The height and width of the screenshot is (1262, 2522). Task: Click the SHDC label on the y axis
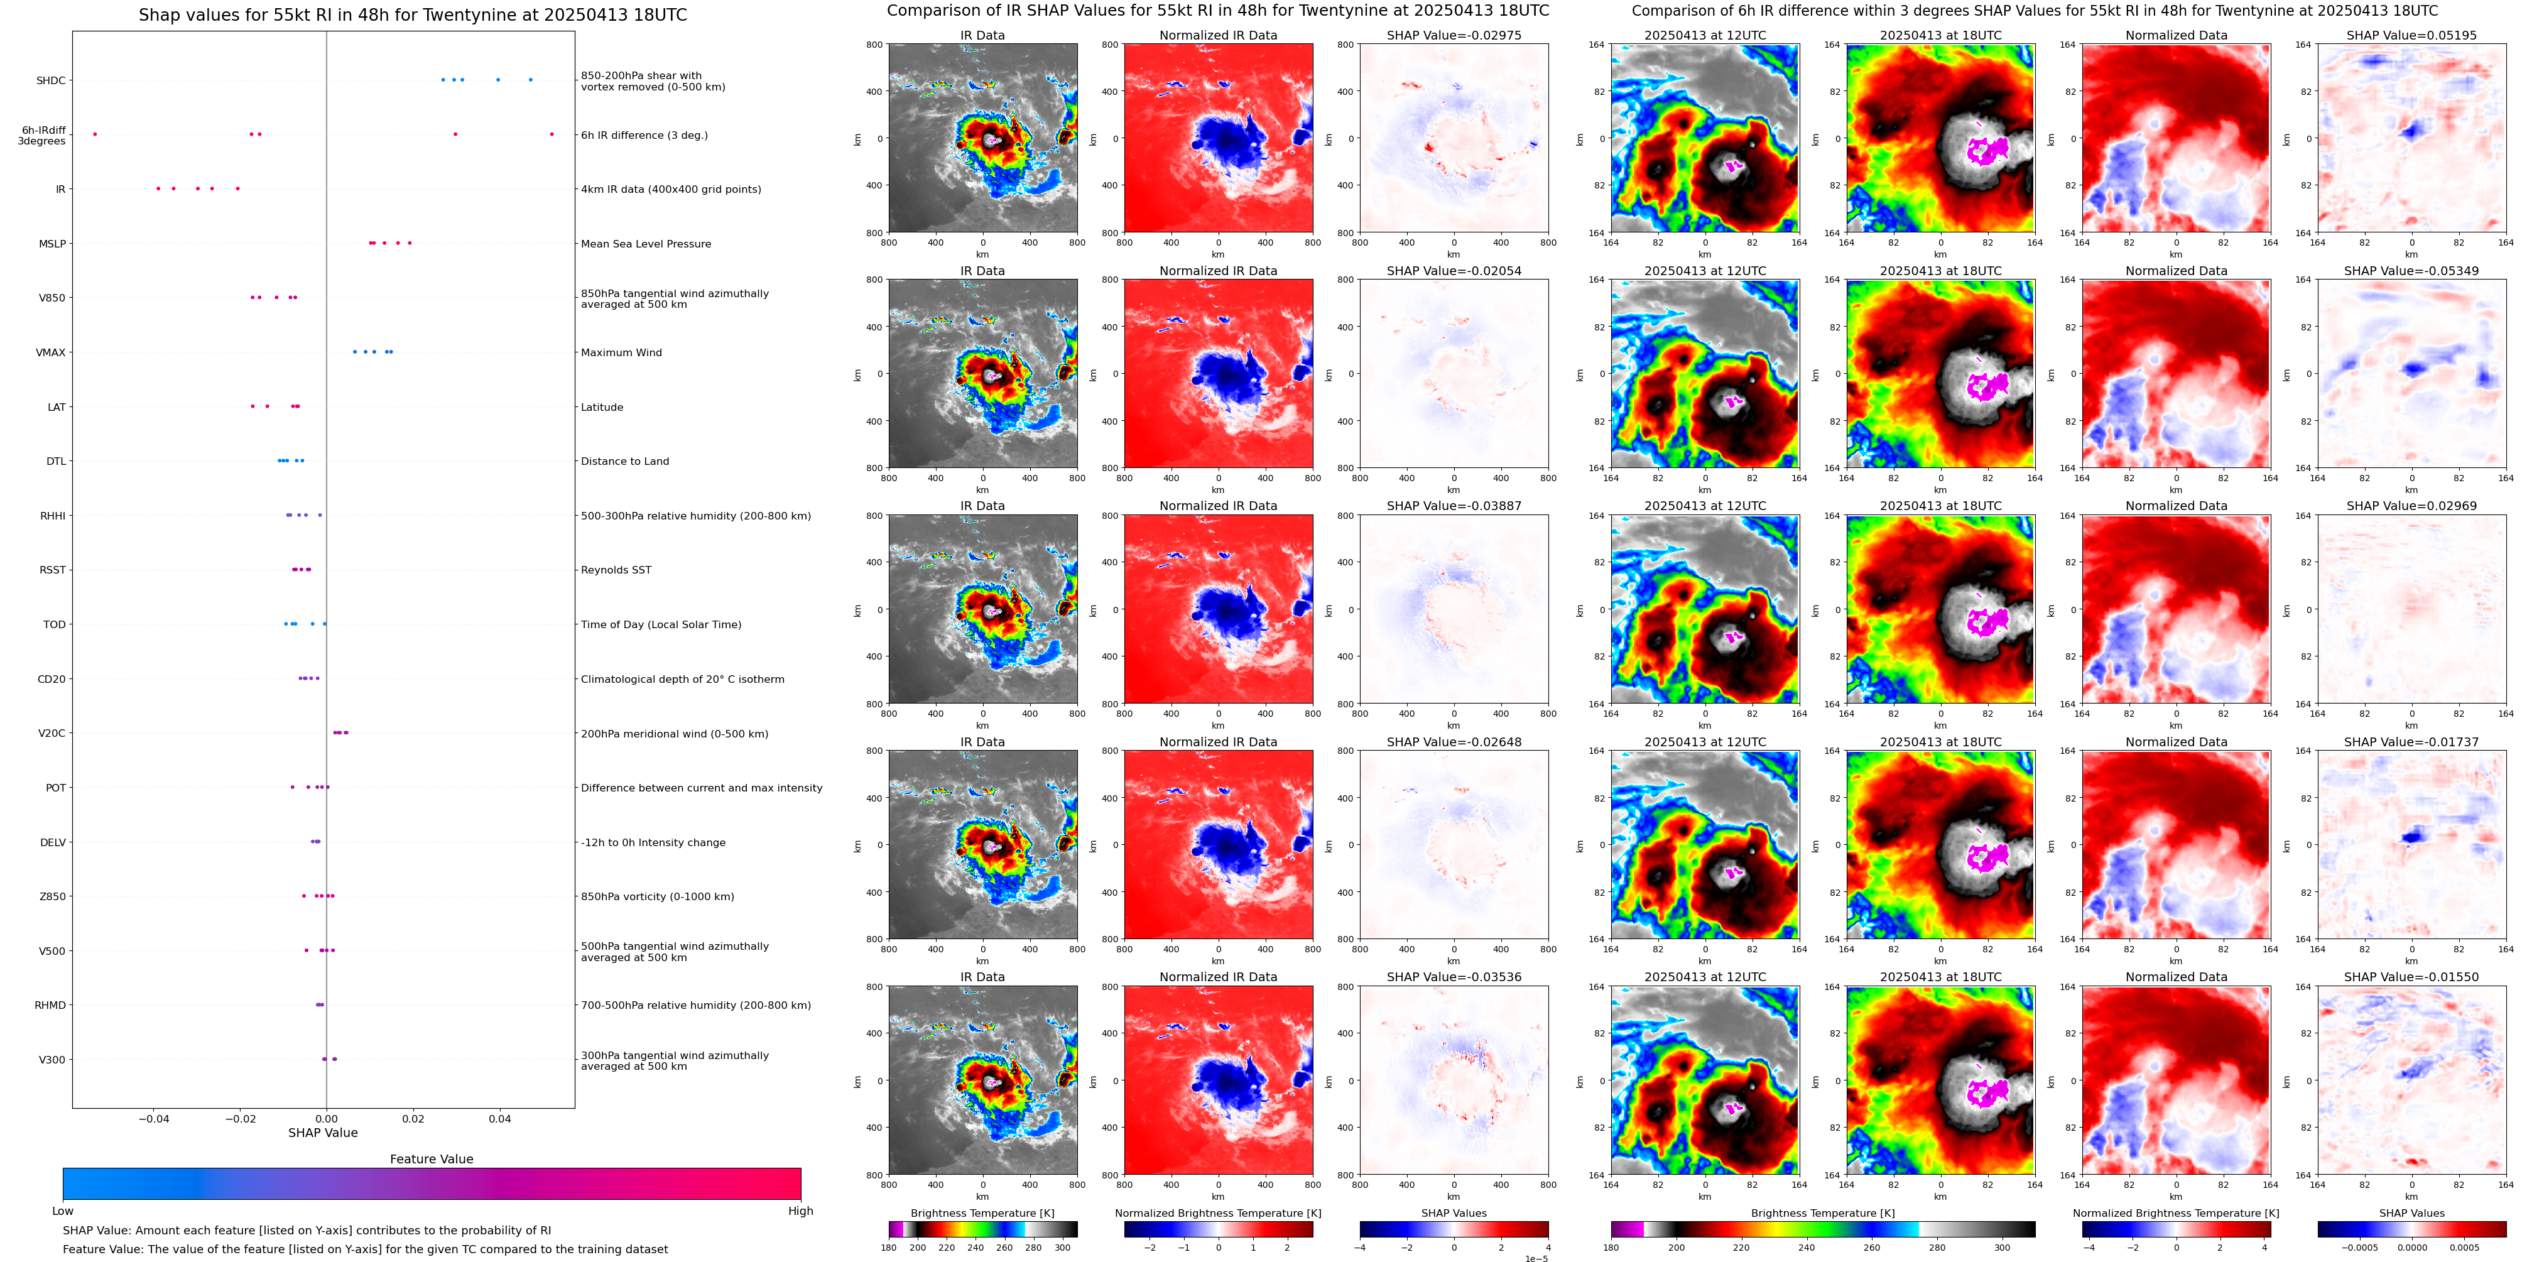(51, 80)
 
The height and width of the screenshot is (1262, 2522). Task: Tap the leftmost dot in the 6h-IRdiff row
(95, 134)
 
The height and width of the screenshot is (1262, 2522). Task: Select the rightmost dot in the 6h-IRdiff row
(552, 134)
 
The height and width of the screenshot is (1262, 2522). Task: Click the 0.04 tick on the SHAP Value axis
(499, 1118)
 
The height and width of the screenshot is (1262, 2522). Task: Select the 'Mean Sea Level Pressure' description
(645, 244)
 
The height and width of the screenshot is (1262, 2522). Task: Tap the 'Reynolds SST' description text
(616, 570)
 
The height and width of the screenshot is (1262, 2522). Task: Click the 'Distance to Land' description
(624, 461)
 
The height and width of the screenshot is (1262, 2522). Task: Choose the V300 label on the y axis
(52, 1059)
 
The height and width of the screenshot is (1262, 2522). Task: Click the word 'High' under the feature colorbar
(800, 1211)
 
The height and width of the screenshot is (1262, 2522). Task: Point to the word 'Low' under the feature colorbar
(63, 1211)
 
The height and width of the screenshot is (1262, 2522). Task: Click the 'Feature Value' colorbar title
(431, 1159)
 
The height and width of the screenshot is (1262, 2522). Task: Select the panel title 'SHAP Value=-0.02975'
(1454, 35)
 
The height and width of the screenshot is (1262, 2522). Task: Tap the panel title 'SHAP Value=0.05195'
(2411, 35)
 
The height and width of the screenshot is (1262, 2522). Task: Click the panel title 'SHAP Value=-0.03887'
(1454, 506)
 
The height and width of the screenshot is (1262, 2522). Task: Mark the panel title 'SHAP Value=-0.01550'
(2411, 977)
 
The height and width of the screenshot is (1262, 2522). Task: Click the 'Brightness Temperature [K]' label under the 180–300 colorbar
(982, 1213)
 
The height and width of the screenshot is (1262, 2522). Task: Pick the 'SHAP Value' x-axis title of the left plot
(322, 1133)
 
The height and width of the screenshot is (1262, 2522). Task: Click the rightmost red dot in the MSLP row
(410, 243)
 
